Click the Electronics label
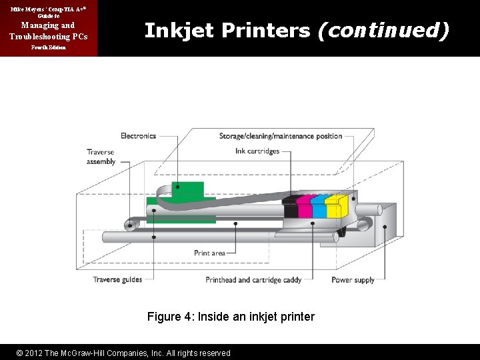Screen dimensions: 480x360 pyautogui.click(x=138, y=136)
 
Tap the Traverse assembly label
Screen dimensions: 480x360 pyautogui.click(x=101, y=157)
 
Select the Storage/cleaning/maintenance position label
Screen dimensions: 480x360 pyautogui.click(x=281, y=136)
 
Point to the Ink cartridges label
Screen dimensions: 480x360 pyautogui.click(x=257, y=151)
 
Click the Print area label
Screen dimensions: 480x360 pyautogui.click(x=209, y=253)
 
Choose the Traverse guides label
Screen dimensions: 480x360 pyautogui.click(x=117, y=279)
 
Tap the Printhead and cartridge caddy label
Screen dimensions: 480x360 pyautogui.click(x=253, y=280)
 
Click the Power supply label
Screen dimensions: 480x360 pyautogui.click(x=353, y=280)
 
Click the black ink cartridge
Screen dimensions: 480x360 pyautogui.click(x=290, y=207)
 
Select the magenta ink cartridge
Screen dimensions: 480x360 pyautogui.click(x=303, y=207)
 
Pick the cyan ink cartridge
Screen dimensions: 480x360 pyautogui.click(x=319, y=207)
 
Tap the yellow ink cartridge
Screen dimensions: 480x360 pyautogui.click(x=333, y=207)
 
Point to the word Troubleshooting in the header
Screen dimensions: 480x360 pyautogui.click(x=48, y=35)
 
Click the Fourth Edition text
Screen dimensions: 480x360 pyautogui.click(x=47, y=49)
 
